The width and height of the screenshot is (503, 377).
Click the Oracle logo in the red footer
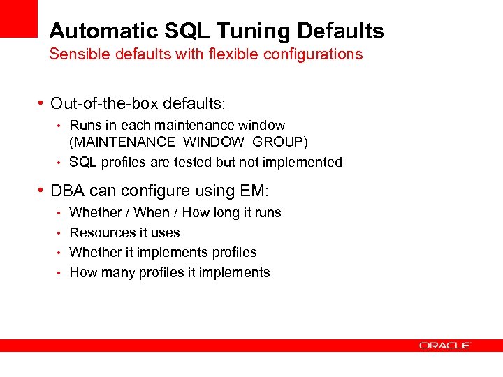(x=445, y=345)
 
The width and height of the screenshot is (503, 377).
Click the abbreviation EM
(x=257, y=191)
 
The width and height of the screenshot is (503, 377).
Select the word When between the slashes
(x=152, y=212)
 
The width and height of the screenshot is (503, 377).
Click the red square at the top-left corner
(x=18, y=18)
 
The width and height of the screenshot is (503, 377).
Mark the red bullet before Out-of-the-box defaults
(x=41, y=104)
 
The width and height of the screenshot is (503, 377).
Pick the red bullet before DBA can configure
(x=41, y=191)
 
